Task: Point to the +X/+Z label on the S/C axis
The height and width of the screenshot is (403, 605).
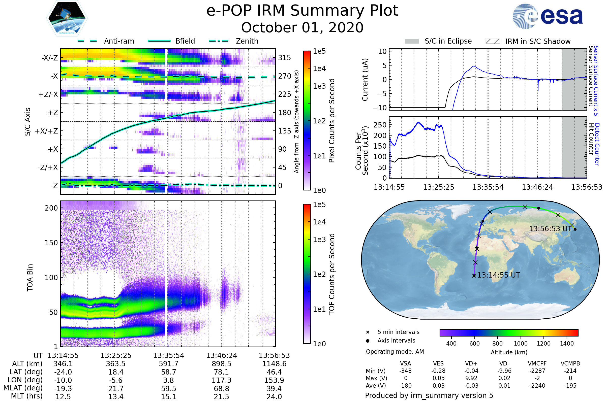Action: tap(46, 131)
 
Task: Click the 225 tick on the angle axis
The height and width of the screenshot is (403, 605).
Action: tap(285, 94)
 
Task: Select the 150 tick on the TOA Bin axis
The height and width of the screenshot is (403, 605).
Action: tap(51, 243)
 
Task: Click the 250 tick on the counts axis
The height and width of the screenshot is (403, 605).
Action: tap(380, 125)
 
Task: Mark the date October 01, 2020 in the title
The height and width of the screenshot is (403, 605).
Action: tap(302, 27)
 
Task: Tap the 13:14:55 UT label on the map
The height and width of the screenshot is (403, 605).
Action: tap(498, 275)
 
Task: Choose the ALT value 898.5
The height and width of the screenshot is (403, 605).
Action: tap(222, 364)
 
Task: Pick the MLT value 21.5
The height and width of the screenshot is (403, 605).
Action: tap(222, 396)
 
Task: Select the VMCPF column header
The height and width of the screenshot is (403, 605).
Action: tap(537, 363)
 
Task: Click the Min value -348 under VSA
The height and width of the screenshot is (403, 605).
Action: tap(405, 371)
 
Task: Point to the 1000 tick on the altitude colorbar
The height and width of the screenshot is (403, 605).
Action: tap(521, 344)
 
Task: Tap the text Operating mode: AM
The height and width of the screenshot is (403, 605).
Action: tap(395, 352)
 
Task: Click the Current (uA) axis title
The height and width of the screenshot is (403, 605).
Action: tap(365, 80)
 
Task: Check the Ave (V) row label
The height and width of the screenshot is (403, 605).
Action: tap(376, 386)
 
